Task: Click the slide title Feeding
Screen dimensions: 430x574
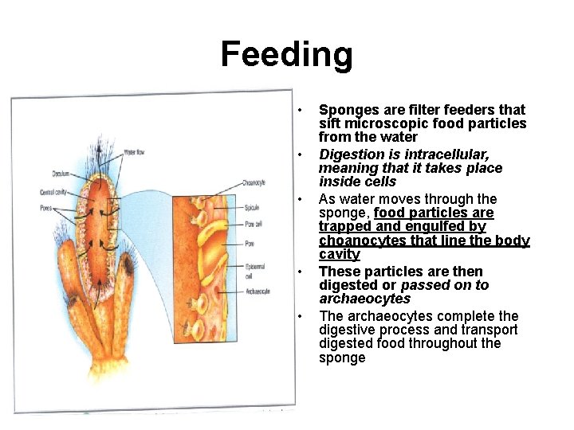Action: (x=286, y=55)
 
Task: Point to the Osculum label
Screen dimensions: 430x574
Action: (x=62, y=173)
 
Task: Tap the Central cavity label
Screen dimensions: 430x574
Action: (x=55, y=192)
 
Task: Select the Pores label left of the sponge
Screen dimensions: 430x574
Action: (x=46, y=209)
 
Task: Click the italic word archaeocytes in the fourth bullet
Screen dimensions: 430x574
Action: (x=364, y=299)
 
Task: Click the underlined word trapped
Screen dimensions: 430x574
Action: (x=346, y=227)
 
